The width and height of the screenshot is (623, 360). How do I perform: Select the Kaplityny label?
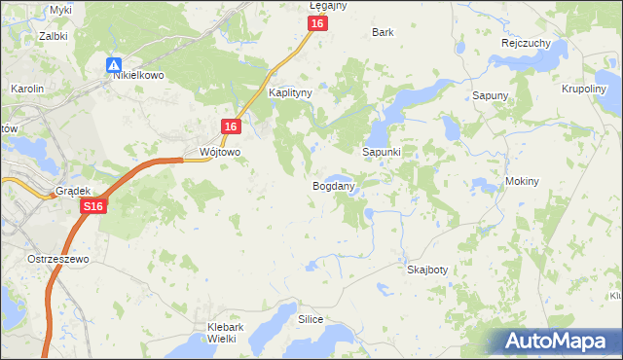289,94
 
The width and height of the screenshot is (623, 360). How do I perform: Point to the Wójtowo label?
219,153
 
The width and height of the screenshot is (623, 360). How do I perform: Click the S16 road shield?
93,206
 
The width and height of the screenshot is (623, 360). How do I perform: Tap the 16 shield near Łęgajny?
317,23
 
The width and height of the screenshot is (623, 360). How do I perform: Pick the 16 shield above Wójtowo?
230,126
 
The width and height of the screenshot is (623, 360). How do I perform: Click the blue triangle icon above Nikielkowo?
115,64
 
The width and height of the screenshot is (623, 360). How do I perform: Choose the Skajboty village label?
427,270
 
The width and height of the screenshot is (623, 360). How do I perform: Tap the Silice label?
311,319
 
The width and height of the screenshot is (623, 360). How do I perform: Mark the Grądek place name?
73,191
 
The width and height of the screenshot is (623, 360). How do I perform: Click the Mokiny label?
523,182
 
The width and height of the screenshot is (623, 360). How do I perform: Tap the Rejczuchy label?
527,43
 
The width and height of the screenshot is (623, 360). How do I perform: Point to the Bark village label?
383,32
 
